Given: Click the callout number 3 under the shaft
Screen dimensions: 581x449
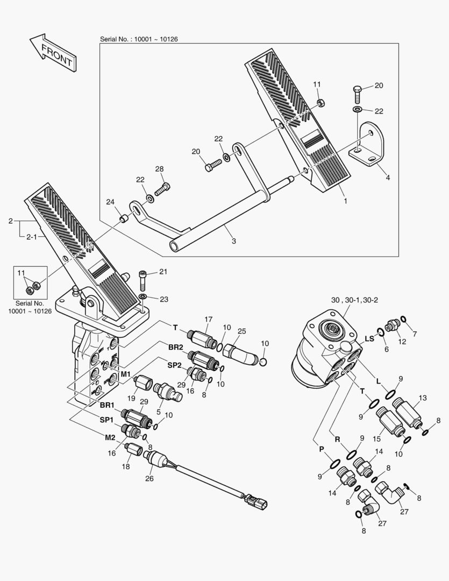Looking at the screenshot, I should (233, 241).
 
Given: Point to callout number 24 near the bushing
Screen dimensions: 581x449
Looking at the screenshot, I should (110, 202).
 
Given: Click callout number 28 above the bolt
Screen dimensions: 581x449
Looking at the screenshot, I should (159, 169).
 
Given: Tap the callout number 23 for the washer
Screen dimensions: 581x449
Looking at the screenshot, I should (163, 299).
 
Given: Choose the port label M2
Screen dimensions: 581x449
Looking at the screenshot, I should (110, 437).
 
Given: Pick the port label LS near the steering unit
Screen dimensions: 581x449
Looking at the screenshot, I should (369, 338).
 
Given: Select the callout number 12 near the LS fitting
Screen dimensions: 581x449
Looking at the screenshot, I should (402, 342).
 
